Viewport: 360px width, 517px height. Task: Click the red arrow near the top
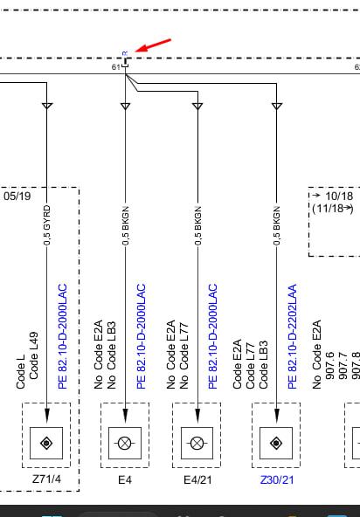[x=153, y=45]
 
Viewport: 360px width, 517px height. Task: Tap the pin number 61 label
[x=115, y=67]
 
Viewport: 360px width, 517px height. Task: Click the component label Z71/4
[x=46, y=479]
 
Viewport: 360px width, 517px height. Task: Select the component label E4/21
[x=197, y=479]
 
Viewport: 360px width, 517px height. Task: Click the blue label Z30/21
[x=276, y=479]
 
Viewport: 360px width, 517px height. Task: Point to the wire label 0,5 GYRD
[x=47, y=224]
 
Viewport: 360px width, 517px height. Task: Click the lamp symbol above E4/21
[x=197, y=443]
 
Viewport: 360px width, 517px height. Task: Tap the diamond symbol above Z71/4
[x=46, y=443]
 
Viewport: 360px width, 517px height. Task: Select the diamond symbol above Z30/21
[x=276, y=443]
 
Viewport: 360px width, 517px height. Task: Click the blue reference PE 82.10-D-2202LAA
[x=292, y=336]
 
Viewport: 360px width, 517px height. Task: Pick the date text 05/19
[x=17, y=196]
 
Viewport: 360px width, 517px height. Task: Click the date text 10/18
[x=339, y=196]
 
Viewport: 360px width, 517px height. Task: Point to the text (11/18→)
[x=333, y=209]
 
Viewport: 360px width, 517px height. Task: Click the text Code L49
[x=34, y=355]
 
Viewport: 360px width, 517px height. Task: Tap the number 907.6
[x=330, y=365]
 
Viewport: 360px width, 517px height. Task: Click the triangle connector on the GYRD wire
[x=47, y=106]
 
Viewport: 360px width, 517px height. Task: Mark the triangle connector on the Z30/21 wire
[x=276, y=106]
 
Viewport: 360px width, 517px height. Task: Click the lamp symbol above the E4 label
[x=125, y=443]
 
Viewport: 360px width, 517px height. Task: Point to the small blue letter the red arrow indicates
[x=125, y=53]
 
